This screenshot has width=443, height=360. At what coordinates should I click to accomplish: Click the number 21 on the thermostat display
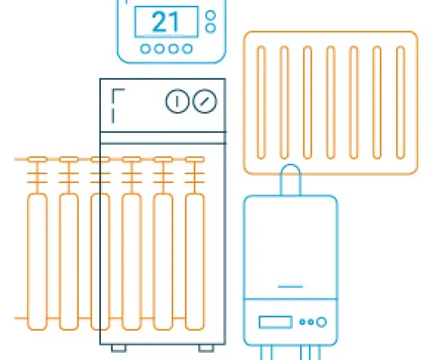pos(166,22)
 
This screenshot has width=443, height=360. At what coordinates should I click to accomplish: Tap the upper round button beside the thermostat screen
pos(211,15)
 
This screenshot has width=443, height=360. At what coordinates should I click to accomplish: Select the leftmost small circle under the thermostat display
pos(145,49)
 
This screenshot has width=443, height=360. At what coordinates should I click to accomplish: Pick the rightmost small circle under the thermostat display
pos(187,49)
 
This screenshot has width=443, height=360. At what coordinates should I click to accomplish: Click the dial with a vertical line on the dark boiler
pos(177,101)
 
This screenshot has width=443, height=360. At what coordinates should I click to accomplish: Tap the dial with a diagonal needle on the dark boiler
pos(205,101)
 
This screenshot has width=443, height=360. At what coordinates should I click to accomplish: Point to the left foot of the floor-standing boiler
pos(119,348)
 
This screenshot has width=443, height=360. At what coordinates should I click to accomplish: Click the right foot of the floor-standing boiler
pos(206,348)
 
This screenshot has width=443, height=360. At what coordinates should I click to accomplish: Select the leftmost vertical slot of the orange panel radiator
pos(261,103)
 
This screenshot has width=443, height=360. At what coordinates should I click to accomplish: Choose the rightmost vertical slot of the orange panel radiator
pos(400,103)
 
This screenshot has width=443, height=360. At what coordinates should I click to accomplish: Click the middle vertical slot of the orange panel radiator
pos(331,103)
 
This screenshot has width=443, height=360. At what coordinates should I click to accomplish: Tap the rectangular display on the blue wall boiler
pos(276,322)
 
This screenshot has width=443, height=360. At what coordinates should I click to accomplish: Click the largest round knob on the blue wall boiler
pos(322,322)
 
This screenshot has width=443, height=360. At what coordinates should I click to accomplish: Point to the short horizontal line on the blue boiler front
pos(291,287)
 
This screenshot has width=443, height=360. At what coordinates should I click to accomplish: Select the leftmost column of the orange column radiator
pos(37,262)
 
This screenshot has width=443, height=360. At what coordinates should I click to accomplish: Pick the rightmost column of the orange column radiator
pos(194,262)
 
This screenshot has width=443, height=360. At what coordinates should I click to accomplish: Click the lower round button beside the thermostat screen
pos(211,28)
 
